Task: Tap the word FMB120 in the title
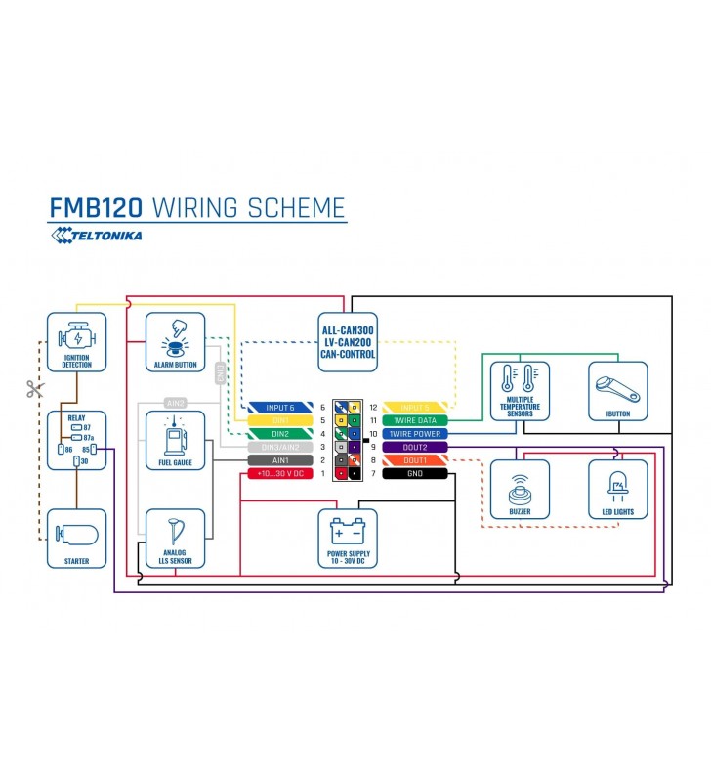pos(97,208)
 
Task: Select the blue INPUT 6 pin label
pos(278,407)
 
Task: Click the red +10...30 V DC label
pos(278,473)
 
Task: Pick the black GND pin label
pos(415,473)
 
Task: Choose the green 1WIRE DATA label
pos(415,420)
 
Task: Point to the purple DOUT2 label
pos(415,447)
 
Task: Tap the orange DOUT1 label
pos(415,459)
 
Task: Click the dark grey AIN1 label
pos(278,459)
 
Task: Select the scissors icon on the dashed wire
pos(36,389)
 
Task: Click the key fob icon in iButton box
pos(618,386)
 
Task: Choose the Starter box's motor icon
pos(76,534)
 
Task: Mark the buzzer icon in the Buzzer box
pos(518,484)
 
